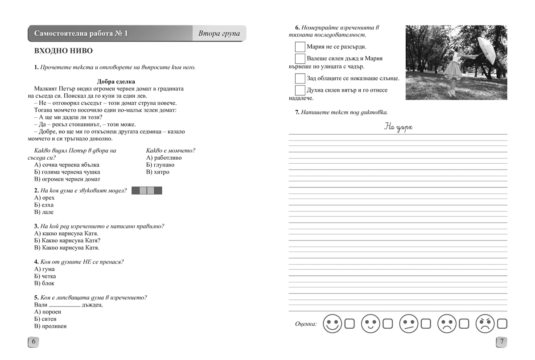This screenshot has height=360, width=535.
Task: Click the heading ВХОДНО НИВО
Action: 60,51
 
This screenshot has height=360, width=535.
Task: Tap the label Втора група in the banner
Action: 219,33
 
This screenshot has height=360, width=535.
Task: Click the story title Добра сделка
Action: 116,82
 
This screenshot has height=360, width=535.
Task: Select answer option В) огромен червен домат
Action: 67,179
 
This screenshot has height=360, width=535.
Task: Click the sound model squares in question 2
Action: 147,191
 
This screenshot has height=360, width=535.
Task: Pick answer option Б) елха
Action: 44,205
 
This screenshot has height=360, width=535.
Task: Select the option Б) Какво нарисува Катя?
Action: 67,240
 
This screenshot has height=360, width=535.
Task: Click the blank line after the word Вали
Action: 65,306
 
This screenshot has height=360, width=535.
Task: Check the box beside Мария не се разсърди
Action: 300,47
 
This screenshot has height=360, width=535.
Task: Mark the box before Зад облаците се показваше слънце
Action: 300,79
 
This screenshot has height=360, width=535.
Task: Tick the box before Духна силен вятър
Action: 300,91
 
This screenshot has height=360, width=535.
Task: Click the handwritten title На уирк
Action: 398,128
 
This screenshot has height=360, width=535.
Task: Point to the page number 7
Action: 502,342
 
